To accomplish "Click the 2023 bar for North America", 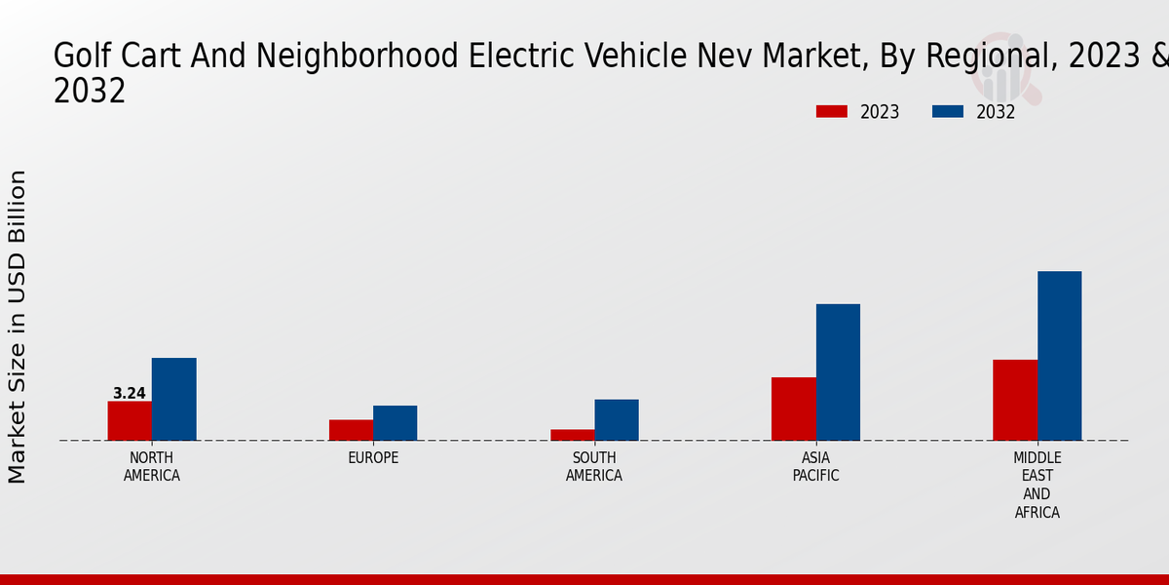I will pyautogui.click(x=130, y=420).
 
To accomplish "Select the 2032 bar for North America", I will pyautogui.click(x=173, y=399).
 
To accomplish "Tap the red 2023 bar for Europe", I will pyautogui.click(x=351, y=430).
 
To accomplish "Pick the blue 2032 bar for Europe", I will pyautogui.click(x=395, y=423).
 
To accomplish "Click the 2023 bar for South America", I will pyautogui.click(x=572, y=435).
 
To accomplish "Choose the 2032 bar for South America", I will pyautogui.click(x=617, y=420).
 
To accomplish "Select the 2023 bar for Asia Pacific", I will pyautogui.click(x=794, y=409).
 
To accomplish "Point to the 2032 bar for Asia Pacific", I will pyautogui.click(x=838, y=372).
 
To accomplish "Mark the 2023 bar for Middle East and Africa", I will pyautogui.click(x=1015, y=400).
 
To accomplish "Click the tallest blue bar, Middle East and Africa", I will pyautogui.click(x=1059, y=356).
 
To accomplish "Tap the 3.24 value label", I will pyautogui.click(x=130, y=394).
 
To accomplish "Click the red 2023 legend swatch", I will pyautogui.click(x=832, y=111).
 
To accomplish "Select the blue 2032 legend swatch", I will pyautogui.click(x=948, y=111).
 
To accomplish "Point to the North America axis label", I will pyautogui.click(x=152, y=467).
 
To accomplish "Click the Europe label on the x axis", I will pyautogui.click(x=373, y=458).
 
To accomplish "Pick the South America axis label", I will pyautogui.click(x=594, y=467).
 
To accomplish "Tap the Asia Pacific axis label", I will pyautogui.click(x=815, y=467).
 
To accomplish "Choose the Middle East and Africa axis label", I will pyautogui.click(x=1037, y=485).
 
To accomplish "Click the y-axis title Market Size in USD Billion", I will pyautogui.click(x=18, y=327).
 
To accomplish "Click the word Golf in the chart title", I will pyautogui.click(x=77, y=57).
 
